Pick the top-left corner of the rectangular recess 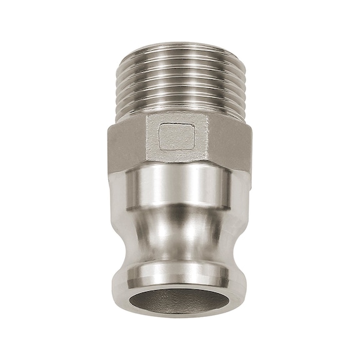160,124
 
